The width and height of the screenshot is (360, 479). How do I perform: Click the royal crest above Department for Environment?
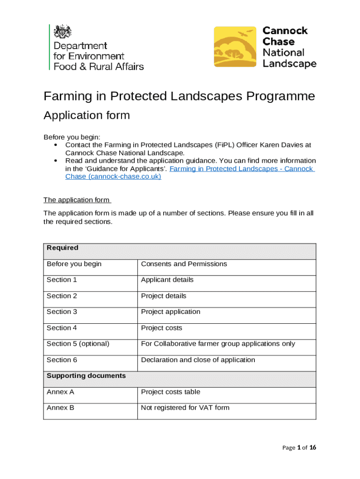pos(63,33)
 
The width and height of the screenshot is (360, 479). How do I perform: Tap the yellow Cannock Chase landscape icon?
pos(235,48)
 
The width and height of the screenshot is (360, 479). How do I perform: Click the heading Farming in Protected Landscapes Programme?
pos(179,96)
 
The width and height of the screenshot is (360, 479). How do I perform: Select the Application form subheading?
pos(86,115)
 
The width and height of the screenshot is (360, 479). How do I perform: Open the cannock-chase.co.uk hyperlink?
pos(113,177)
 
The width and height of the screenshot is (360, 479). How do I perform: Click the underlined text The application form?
pos(77,200)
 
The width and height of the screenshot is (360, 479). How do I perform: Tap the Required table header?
pos(63,248)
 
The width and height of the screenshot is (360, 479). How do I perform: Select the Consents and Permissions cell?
pos(184,264)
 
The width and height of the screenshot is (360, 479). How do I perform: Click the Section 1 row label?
pos(62,280)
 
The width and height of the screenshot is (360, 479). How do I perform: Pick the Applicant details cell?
pos(167,280)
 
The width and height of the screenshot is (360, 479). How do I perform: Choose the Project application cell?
pos(170,312)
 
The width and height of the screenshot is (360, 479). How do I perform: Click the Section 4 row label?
pos(62,328)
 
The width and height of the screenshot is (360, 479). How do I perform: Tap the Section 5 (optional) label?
pos(78,344)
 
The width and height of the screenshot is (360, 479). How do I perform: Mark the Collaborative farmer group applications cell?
pos(218,344)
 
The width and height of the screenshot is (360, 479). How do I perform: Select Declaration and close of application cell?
pos(198,360)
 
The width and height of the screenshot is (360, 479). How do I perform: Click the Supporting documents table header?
pos(86,376)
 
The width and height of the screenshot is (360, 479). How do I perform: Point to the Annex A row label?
pos(60,392)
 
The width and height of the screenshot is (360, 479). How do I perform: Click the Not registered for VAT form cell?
pos(185,407)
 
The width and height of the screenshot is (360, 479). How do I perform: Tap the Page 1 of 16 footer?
pos(299,448)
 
